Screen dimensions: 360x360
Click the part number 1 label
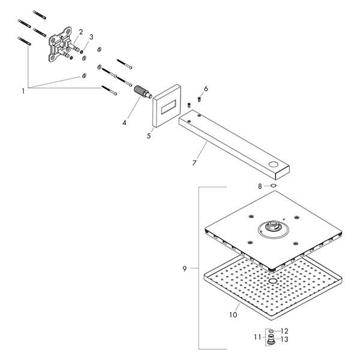(23, 91)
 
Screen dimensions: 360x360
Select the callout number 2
(80, 31)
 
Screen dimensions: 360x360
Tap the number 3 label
(91, 37)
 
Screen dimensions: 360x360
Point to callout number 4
(124, 122)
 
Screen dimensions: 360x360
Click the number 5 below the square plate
(149, 136)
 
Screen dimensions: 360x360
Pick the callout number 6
(206, 89)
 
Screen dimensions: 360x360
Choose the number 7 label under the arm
(194, 162)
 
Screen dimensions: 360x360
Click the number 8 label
(260, 187)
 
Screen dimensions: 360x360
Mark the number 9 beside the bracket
(184, 268)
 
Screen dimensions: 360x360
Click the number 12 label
(285, 331)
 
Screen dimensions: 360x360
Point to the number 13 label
(285, 339)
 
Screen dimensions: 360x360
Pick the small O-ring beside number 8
(272, 187)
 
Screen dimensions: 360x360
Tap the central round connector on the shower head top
(271, 227)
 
